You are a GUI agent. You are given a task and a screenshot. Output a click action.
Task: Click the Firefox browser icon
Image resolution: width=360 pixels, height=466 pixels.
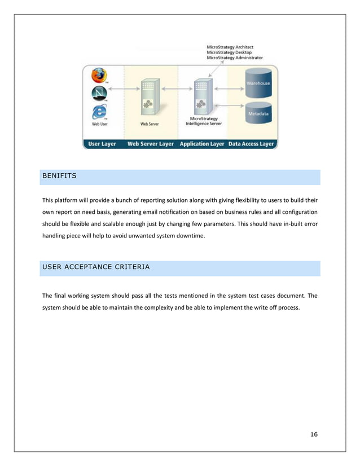click(x=99, y=76)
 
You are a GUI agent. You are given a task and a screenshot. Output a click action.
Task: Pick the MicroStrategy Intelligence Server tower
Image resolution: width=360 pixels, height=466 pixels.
click(x=202, y=97)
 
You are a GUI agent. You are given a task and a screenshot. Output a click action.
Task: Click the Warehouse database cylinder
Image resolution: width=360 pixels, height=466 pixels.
click(x=258, y=82)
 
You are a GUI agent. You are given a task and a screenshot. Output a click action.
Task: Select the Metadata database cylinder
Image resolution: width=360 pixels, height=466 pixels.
click(x=258, y=113)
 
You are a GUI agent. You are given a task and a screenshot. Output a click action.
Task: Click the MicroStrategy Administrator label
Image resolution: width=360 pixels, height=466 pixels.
click(x=234, y=58)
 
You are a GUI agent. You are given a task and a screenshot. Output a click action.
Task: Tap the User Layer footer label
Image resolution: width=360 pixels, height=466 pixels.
click(x=102, y=144)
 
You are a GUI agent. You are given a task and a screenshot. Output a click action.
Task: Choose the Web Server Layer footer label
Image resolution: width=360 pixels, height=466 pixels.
click(x=151, y=144)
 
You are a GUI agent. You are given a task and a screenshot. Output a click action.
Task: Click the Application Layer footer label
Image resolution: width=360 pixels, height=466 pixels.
click(x=202, y=144)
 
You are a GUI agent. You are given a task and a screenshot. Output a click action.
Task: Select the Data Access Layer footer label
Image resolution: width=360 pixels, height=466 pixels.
click(x=251, y=144)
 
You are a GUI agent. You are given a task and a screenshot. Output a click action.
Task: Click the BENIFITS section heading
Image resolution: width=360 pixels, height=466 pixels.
click(x=59, y=176)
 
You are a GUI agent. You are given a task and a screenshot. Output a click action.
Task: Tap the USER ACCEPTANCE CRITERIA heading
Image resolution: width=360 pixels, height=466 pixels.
click(x=96, y=267)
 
